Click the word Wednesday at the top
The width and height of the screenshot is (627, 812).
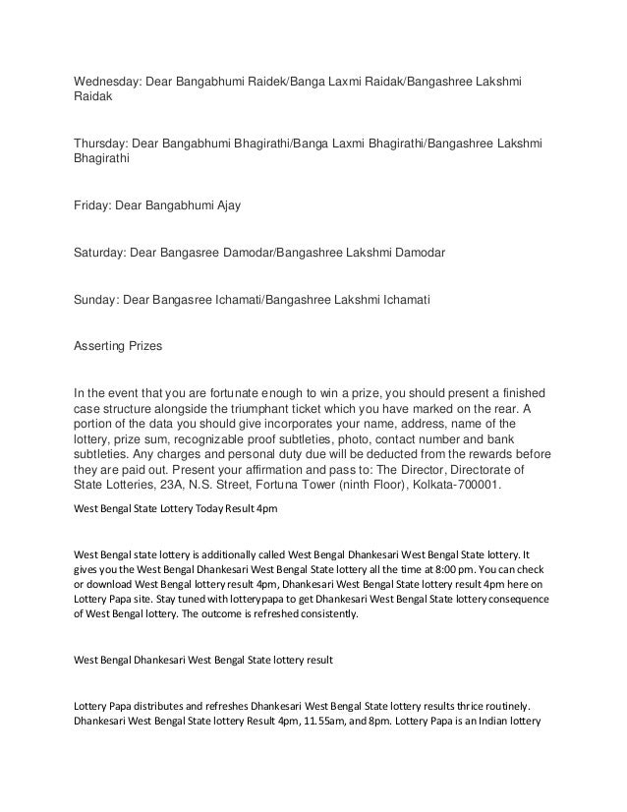pyautogui.click(x=108, y=79)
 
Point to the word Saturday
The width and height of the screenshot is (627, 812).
pyautogui.click(x=98, y=252)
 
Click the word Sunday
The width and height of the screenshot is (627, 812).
pyautogui.click(x=94, y=297)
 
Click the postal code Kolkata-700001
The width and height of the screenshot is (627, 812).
pyautogui.click(x=456, y=485)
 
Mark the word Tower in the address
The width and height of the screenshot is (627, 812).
pyautogui.click(x=324, y=485)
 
